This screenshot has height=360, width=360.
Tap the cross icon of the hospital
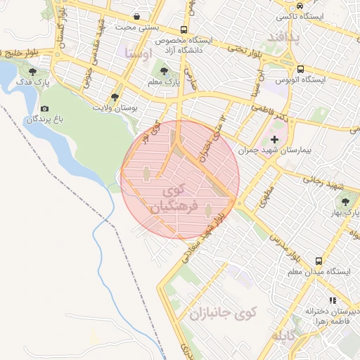coord(274,140)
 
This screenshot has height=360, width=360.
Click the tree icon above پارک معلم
coord(164,71)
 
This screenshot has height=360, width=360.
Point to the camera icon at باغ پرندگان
coord(45,108)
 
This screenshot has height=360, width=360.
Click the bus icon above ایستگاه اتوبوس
coord(300,70)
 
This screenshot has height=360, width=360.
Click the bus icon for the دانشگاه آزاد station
coord(184,30)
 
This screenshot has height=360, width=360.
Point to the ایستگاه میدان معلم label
coord(319,271)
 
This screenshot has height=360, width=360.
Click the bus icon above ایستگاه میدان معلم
coord(319,259)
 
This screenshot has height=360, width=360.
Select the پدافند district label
coord(284,37)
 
